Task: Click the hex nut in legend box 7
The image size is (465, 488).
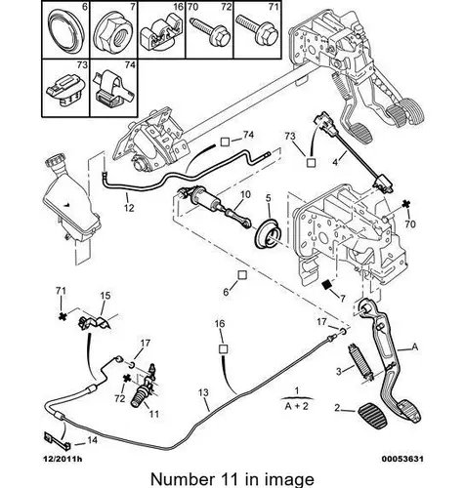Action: [x=113, y=34]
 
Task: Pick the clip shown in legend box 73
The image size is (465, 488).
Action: [x=66, y=88]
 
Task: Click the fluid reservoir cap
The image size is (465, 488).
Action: [x=54, y=161]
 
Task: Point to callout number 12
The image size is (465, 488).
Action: [x=129, y=207]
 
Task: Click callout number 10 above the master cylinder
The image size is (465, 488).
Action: [x=245, y=194]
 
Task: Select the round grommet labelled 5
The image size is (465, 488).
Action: [x=268, y=233]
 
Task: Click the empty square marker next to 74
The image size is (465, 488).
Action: [x=226, y=142]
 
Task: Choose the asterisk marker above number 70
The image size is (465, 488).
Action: [x=405, y=204]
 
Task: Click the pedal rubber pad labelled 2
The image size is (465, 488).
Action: [x=371, y=416]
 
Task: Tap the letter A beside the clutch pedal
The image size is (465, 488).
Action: [x=415, y=346]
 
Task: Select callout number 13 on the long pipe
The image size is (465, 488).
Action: [x=203, y=393]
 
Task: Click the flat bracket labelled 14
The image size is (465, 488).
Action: [x=59, y=439]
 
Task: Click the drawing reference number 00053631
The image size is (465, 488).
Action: [x=402, y=459]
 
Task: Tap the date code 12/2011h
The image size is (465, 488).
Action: [x=63, y=459]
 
